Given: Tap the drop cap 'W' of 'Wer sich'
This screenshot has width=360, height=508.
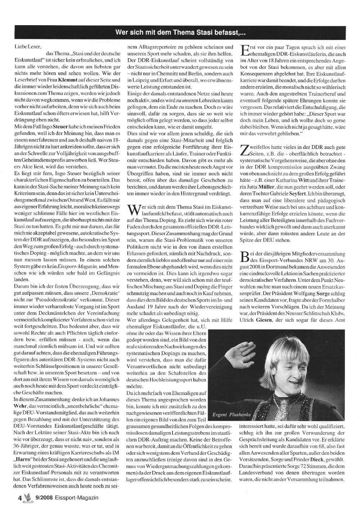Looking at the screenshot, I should coord(134,211).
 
